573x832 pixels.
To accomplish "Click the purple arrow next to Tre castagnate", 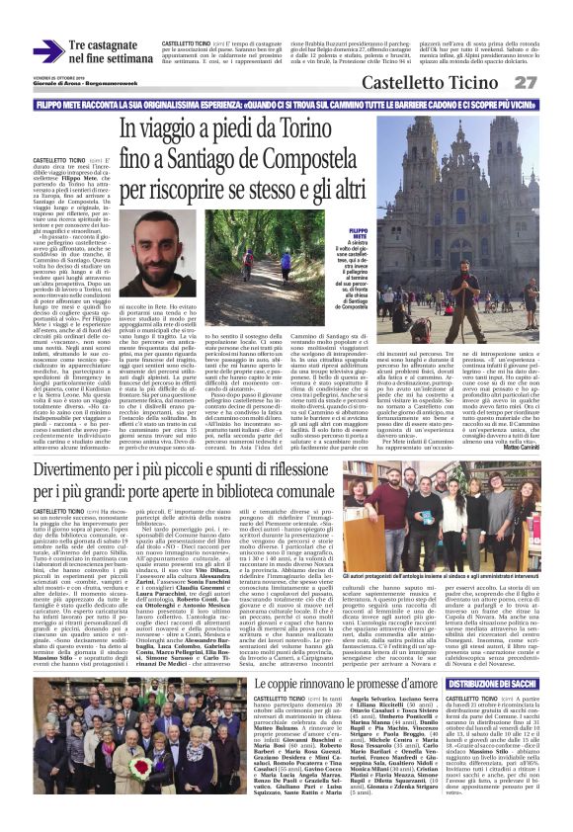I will (46, 50).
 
